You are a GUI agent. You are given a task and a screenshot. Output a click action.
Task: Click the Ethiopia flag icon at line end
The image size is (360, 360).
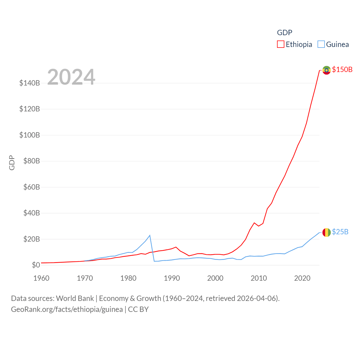pos(326,70)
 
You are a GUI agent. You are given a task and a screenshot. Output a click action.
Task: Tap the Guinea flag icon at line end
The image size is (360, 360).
pos(326,232)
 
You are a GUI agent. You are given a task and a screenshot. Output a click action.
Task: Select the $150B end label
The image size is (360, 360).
pos(342,69)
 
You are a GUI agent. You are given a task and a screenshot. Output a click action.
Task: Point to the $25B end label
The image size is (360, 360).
pos(340,232)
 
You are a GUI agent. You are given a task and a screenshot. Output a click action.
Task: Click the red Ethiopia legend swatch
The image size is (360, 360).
pos(280,44)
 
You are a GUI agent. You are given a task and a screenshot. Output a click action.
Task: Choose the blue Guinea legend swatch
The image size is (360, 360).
pos(321,44)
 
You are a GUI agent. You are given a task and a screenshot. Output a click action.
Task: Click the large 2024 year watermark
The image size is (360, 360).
pos(71,77)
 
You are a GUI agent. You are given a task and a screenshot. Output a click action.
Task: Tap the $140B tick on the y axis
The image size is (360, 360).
pos(30,83)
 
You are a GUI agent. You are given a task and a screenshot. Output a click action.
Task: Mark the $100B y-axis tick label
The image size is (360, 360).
pos(30,135)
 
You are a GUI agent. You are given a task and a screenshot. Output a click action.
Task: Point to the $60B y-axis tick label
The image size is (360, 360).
pos(31,187)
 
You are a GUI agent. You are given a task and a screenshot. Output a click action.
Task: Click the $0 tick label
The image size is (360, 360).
pos(36,265)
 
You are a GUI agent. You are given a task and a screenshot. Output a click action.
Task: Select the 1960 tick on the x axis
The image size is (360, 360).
pos(41,278)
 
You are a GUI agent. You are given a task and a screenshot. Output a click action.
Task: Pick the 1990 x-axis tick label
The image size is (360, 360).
pos(172,278)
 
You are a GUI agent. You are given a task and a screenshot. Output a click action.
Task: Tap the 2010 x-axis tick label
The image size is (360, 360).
pos(259,278)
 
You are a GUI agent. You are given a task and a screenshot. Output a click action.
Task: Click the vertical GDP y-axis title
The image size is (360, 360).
pos(12,163)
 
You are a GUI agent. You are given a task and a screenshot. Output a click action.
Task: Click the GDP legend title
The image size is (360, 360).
pos(285,33)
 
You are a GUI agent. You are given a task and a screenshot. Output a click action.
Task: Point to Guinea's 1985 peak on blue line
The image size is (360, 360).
pos(150,235)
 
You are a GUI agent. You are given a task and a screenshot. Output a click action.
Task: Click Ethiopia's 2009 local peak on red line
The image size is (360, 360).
pos(254,223)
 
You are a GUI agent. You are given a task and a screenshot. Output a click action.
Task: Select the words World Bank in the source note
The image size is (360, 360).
pos(75,298)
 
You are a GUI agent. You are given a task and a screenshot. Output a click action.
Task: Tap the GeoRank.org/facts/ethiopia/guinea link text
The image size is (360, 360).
pos(67,309)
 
